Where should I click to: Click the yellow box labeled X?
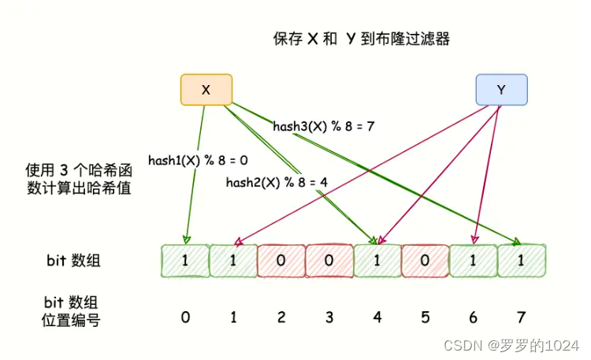(206, 90)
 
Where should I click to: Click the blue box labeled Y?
(501, 90)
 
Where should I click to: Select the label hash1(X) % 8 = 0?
(199, 160)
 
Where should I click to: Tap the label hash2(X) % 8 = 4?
(277, 183)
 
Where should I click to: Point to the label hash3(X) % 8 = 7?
(324, 126)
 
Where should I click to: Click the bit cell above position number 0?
(185, 261)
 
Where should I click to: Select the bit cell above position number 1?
(233, 261)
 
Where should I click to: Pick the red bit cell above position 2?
(281, 261)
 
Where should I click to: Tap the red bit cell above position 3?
(329, 261)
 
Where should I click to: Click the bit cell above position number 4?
(377, 261)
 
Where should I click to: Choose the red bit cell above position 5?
(426, 261)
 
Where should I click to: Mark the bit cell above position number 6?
(474, 261)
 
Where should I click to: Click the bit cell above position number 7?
(522, 261)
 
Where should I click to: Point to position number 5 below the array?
(426, 317)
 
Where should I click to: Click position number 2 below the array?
(281, 317)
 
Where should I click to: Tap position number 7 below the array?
(522, 317)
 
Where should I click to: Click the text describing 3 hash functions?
(77, 179)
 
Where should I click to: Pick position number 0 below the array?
(185, 317)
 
